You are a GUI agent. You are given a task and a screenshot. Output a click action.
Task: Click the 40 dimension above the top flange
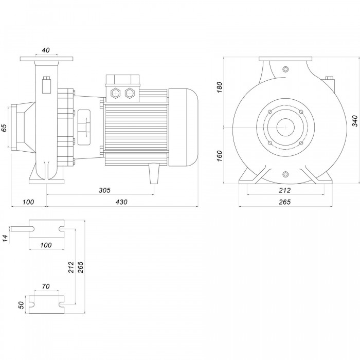point(46,50)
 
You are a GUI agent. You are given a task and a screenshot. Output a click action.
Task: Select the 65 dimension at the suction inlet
point(5,128)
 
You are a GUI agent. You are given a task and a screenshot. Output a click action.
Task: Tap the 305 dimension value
point(105,190)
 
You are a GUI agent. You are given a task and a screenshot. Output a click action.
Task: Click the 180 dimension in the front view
point(220,87)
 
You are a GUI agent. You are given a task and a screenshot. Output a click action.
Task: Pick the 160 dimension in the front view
point(220,156)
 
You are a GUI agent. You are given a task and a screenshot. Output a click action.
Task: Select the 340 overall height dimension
point(355,121)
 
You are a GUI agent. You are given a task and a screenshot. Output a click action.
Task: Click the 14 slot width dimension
point(6,238)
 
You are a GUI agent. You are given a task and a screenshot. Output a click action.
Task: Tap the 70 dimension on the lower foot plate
point(46,286)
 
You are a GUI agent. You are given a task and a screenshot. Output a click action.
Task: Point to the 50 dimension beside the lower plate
point(21,305)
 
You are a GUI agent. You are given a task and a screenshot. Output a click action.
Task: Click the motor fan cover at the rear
point(183,128)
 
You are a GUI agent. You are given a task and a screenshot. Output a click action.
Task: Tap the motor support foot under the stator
point(154,173)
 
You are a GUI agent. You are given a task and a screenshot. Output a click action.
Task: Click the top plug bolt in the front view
point(285,69)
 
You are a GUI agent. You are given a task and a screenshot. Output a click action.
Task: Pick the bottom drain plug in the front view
point(285,174)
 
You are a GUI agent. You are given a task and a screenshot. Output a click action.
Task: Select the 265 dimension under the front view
point(285,202)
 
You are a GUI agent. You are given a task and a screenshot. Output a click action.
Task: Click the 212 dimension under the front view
point(285,190)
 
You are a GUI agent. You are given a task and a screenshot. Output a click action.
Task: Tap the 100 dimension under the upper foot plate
point(46,245)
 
